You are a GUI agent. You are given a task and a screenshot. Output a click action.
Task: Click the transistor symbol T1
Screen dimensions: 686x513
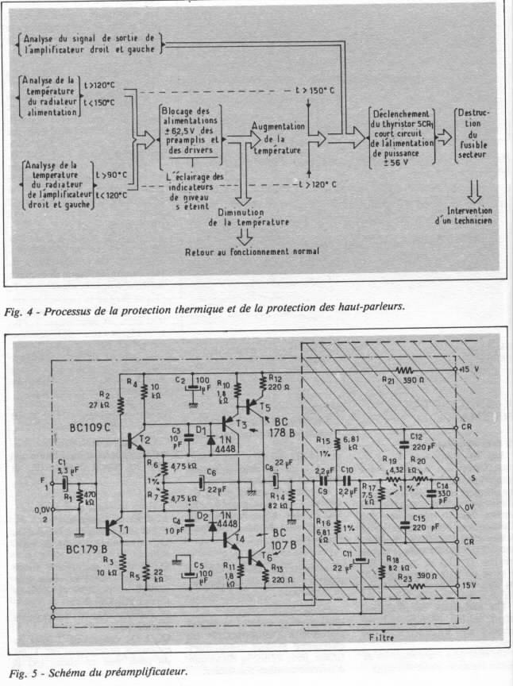110,526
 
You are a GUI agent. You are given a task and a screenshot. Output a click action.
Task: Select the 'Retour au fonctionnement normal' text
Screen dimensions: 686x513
252,251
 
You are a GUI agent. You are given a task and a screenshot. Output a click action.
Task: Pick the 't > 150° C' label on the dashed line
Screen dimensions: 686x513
315,91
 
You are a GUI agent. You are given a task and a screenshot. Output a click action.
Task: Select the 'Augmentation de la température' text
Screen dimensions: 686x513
277,137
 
